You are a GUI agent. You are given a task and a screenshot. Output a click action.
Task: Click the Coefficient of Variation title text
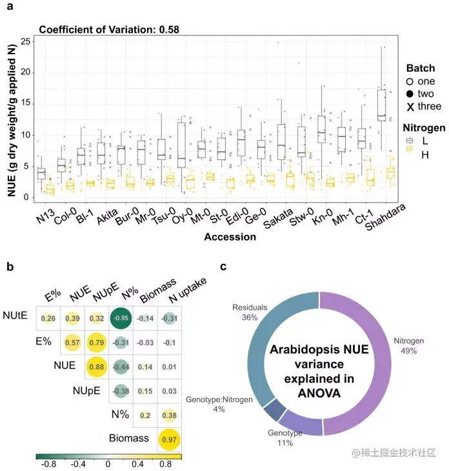(x=109, y=29)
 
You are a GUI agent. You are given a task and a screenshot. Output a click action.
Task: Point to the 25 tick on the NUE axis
(x=25, y=41)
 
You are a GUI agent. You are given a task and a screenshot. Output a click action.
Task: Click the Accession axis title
(x=230, y=237)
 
